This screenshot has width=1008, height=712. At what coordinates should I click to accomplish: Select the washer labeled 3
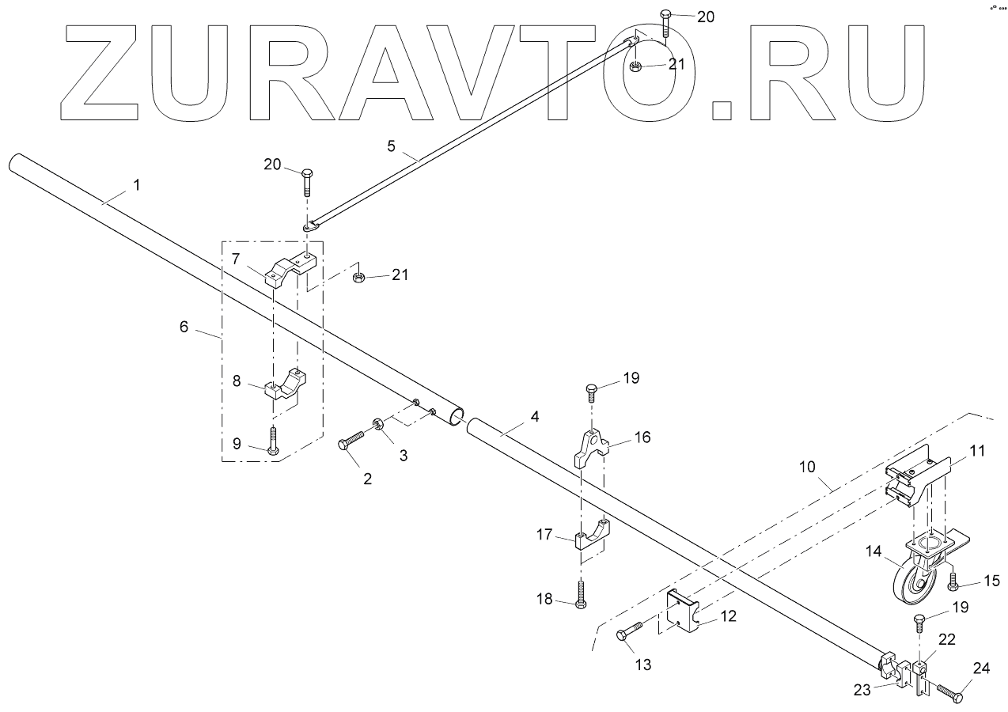coord(377,426)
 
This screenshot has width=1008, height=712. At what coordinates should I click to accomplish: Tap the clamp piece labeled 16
coord(589,447)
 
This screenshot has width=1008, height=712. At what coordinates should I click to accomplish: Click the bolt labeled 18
coord(581,594)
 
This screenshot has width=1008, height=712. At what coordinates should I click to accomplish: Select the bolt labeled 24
coord(948,694)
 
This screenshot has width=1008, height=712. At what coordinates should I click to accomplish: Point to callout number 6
coord(184,327)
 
